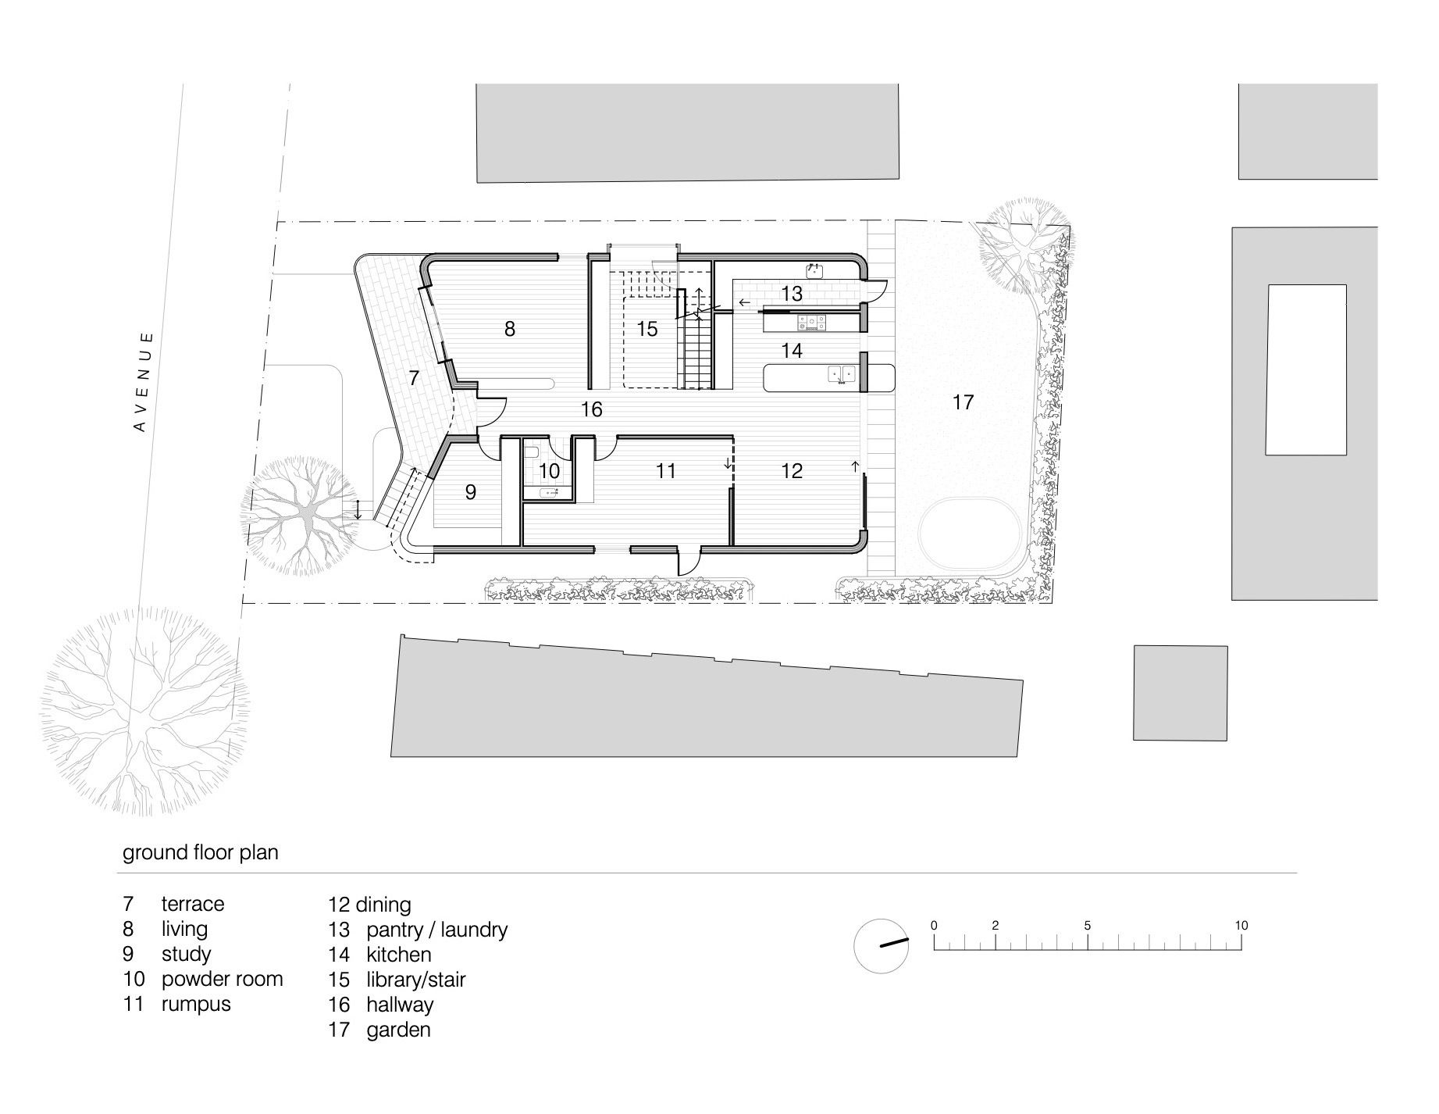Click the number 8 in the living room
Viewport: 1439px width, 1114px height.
point(510,329)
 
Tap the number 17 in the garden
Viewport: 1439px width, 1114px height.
point(963,402)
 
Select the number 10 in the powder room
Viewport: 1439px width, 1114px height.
point(550,471)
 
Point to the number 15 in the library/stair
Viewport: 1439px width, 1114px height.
point(647,329)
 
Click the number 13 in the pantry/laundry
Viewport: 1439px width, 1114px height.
point(792,294)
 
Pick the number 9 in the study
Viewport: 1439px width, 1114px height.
point(470,492)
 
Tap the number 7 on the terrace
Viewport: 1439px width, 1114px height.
point(414,378)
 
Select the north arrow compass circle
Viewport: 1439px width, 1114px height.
point(882,945)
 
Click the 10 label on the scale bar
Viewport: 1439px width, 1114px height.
point(1241,926)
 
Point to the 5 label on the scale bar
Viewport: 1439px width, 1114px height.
point(1088,926)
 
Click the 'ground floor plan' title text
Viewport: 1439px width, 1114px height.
point(201,852)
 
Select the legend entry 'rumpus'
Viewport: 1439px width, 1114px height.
point(196,1005)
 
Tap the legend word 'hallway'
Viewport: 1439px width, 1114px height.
point(400,1005)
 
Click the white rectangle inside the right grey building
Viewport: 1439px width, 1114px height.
point(1307,370)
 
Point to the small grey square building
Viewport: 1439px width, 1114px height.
point(1181,692)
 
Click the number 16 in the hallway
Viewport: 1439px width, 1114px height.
point(592,409)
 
